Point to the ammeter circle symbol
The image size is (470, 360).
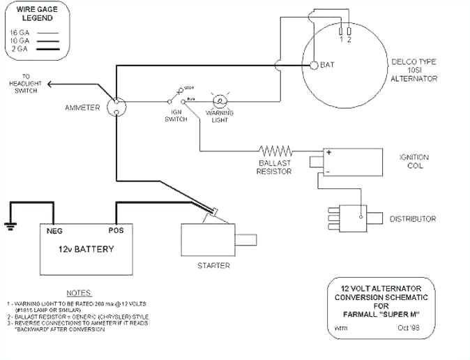click(119, 107)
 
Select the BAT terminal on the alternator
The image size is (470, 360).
click(328, 65)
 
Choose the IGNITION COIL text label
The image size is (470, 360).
click(414, 161)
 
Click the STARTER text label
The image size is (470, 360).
click(213, 265)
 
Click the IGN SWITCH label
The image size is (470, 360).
click(176, 115)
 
